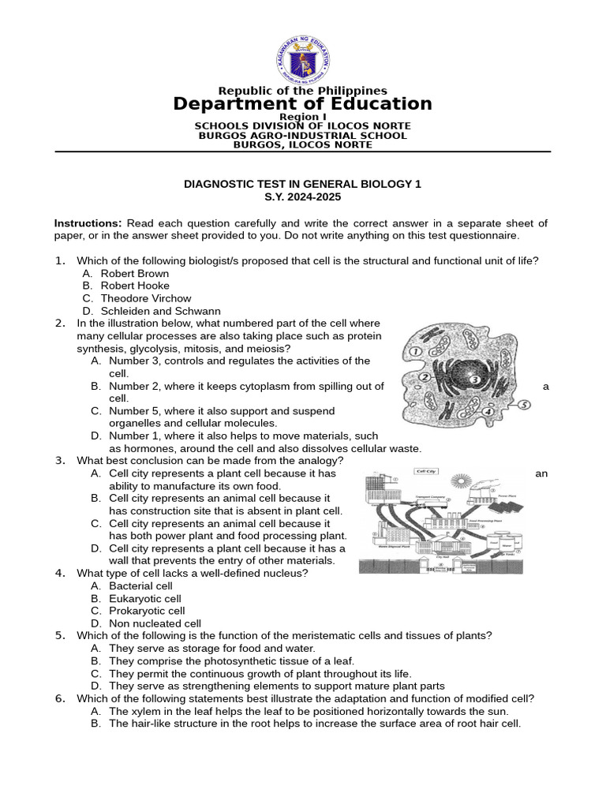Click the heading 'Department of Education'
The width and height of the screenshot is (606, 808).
point(303,104)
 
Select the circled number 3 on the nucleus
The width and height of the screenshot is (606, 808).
point(474,380)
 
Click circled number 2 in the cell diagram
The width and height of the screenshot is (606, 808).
point(424,378)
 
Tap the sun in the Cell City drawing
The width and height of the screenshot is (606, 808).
point(458,481)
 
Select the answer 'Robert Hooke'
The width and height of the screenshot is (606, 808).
point(135,286)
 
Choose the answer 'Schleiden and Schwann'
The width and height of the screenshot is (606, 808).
point(161,311)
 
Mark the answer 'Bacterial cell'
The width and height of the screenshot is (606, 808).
point(140,585)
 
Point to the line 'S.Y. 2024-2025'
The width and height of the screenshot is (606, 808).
point(303,196)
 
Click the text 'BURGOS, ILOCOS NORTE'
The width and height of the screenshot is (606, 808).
point(303,144)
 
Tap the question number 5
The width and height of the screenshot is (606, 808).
point(59,635)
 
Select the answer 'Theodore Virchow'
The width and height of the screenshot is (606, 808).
point(146,298)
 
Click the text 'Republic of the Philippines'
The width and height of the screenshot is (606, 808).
point(303,91)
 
